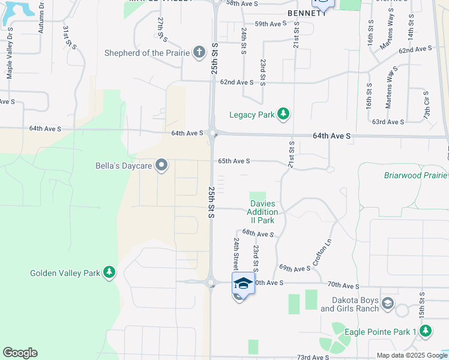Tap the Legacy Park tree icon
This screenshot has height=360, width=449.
[283, 114]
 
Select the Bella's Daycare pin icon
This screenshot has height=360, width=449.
[161, 165]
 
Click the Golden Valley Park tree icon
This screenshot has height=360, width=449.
[109, 273]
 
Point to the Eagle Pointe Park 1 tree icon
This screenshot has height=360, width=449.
[426, 331]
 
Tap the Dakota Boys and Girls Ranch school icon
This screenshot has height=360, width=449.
[387, 303]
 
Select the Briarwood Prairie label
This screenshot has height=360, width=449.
[415, 175]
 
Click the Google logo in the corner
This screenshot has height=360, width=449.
[19, 353]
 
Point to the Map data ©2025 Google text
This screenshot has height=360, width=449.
[412, 355]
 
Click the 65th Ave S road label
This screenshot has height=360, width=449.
[234, 161]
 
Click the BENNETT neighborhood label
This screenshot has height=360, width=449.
[306, 13]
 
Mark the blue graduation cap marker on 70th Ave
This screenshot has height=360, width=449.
[243, 283]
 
